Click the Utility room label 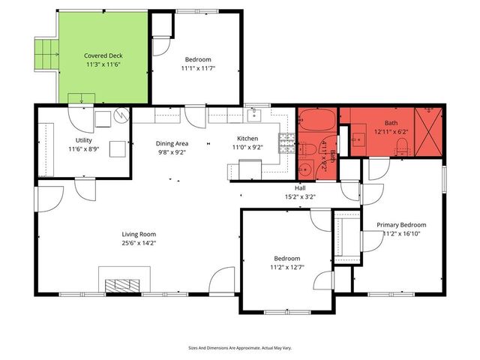(x=84, y=140)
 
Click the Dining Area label (x=172, y=143)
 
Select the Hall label (x=300, y=188)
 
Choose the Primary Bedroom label (x=401, y=225)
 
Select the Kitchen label (x=247, y=139)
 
